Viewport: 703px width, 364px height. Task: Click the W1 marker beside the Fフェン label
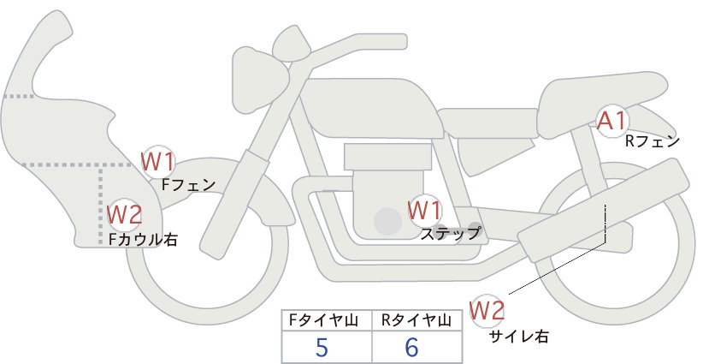[157, 162]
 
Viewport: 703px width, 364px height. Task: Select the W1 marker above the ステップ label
[424, 211]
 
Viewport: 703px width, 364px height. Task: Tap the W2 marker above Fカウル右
[125, 214]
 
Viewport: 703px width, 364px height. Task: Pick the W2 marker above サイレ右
[487, 311]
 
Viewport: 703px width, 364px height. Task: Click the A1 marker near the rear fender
[612, 121]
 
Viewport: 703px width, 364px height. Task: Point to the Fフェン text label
[188, 184]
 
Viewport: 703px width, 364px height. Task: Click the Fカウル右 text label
[143, 239]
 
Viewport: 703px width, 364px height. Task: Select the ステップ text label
[450, 234]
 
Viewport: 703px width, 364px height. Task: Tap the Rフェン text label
[653, 142]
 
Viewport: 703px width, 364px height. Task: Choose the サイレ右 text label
[519, 337]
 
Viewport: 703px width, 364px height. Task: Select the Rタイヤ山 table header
[416, 320]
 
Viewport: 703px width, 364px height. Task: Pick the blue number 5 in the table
[322, 347]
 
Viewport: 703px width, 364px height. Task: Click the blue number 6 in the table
[411, 347]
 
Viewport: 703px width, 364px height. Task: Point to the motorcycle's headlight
[259, 80]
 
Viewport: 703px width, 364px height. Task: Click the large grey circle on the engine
[387, 221]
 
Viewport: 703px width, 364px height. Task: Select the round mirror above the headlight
[292, 44]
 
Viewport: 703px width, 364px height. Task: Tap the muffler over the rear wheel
[603, 210]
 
